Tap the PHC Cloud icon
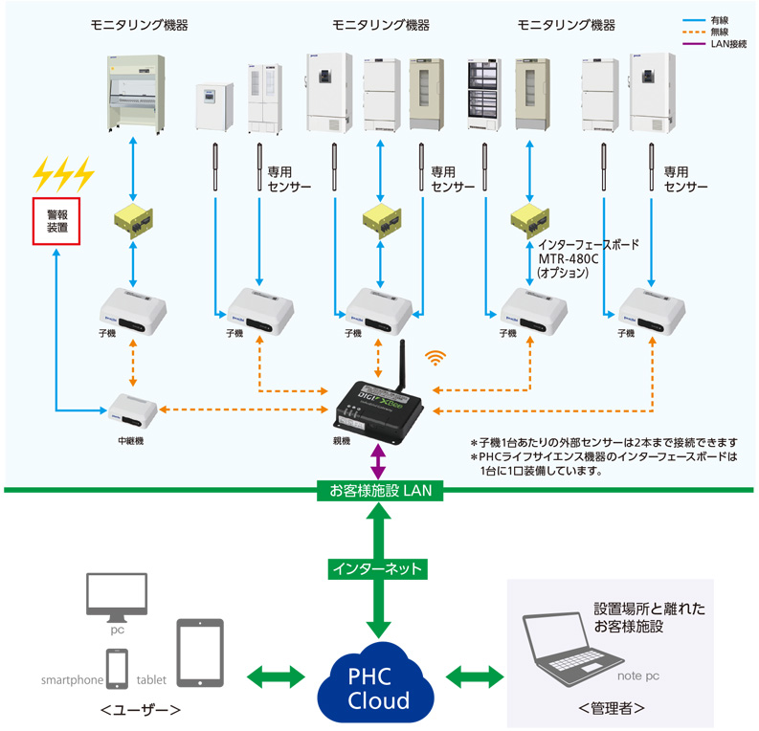coord(378,683)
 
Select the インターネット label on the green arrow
coord(378,567)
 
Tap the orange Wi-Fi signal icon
coord(436,358)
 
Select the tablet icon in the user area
coord(200,652)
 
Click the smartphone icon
coord(117,668)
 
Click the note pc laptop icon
coord(569,646)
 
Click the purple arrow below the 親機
coord(380,460)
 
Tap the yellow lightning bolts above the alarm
coord(62,174)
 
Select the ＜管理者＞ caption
coord(611,709)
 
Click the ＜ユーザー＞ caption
coord(142,710)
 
